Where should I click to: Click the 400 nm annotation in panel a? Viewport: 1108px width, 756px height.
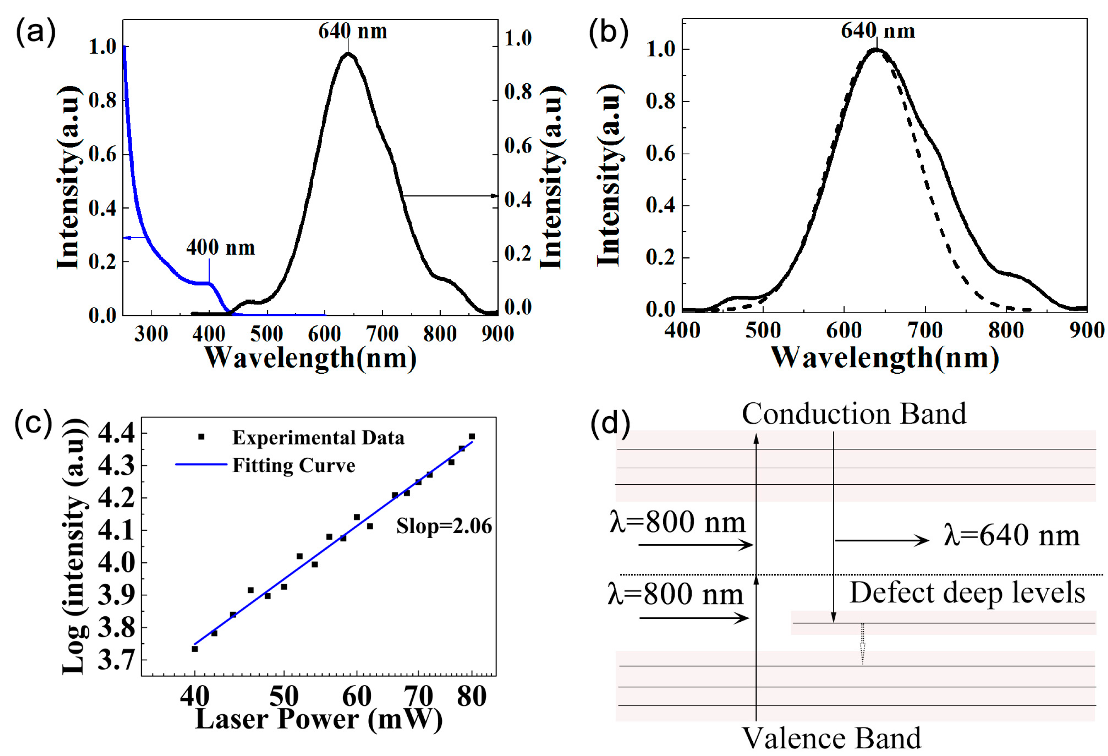[220, 248]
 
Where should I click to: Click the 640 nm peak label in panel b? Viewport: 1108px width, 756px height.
[877, 31]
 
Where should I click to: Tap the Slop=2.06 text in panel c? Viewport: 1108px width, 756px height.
[444, 526]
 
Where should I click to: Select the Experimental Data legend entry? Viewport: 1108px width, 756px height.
[318, 437]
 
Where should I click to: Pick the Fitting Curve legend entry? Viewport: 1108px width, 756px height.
[293, 465]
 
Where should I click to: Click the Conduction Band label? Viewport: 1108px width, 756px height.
[854, 414]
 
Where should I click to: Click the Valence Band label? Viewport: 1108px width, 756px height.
[832, 739]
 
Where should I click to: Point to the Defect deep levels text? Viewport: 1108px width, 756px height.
[967, 593]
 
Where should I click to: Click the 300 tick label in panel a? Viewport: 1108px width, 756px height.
[151, 334]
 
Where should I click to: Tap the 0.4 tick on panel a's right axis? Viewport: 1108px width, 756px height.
[518, 199]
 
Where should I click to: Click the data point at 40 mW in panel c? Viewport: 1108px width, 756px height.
[194, 649]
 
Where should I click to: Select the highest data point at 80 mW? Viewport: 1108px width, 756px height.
[471, 436]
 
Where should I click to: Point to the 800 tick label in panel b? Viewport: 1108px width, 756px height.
[1006, 330]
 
